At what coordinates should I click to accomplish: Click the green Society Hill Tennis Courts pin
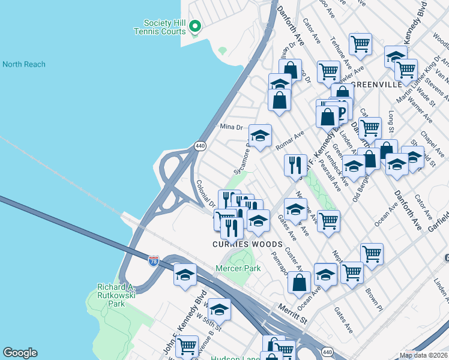click(x=194, y=26)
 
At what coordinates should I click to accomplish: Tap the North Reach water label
click(x=24, y=64)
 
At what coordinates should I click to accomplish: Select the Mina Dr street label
click(x=231, y=127)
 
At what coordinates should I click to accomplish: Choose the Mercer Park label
click(x=239, y=268)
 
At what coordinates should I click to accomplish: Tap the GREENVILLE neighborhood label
click(x=376, y=85)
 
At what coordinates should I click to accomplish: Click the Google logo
click(x=20, y=353)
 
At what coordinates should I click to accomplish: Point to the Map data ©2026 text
click(x=424, y=355)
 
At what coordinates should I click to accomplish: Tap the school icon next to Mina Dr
click(x=260, y=136)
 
